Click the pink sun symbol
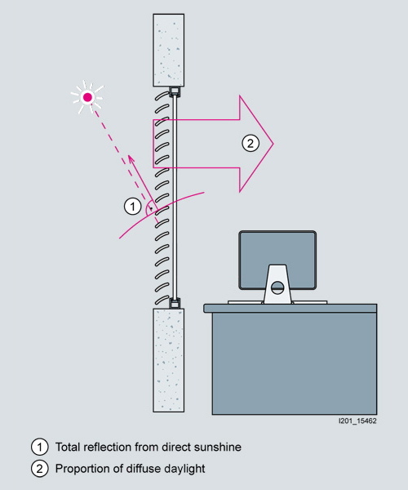(87, 97)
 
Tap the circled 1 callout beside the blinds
(133, 207)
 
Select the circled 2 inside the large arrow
(251, 143)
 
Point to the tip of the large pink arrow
(273, 144)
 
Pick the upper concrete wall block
(169, 50)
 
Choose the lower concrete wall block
(169, 360)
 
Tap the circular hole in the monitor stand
(277, 287)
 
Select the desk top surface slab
(290, 308)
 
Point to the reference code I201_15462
(357, 421)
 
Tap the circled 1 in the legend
(40, 447)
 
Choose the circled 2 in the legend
(40, 469)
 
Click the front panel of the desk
(295, 363)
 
